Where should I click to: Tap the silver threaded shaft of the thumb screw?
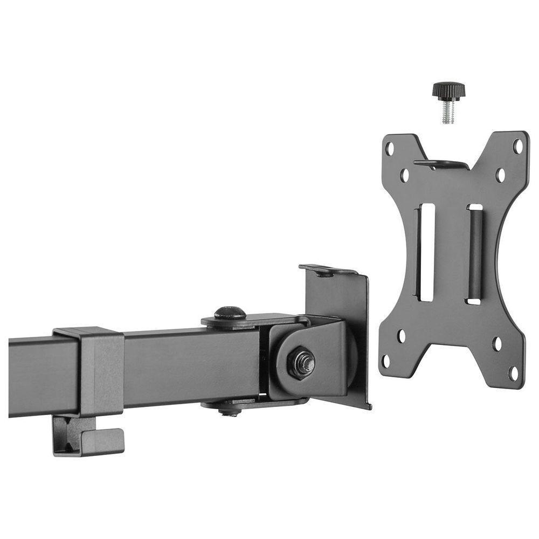[x=448, y=113]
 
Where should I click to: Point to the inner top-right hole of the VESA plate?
[x=500, y=175]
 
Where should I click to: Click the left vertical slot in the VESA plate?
[x=426, y=252]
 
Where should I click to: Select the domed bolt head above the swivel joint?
[x=230, y=313]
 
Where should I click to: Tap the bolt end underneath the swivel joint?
[x=230, y=411]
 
